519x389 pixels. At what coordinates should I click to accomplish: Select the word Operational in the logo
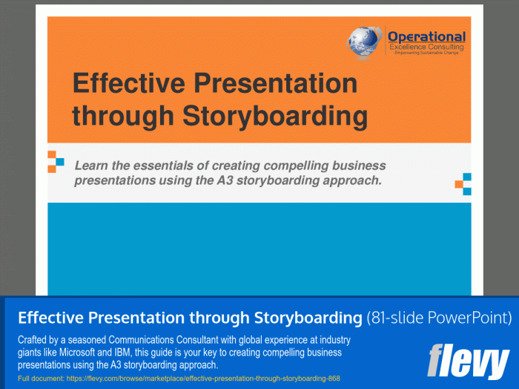coord(427,37)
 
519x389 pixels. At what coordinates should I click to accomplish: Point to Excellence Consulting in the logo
coord(427,48)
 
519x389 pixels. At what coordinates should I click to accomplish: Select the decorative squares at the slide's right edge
coord(463,183)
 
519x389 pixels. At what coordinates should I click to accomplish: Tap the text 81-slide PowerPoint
coord(439,318)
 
